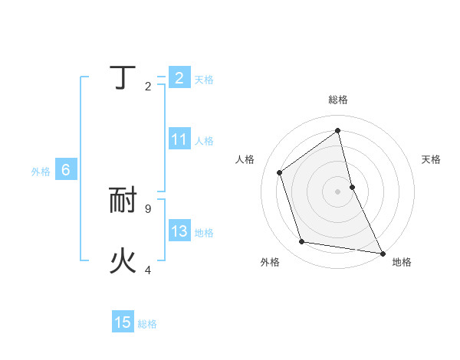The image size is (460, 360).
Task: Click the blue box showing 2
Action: pyautogui.click(x=179, y=78)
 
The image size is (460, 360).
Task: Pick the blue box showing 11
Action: pyautogui.click(x=179, y=139)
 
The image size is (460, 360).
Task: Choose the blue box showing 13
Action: pyautogui.click(x=179, y=231)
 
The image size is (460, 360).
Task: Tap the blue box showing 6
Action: pyautogui.click(x=66, y=170)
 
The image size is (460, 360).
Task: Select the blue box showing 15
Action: pyautogui.click(x=123, y=322)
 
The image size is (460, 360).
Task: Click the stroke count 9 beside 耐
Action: pyautogui.click(x=148, y=208)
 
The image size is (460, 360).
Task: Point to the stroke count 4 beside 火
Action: pyautogui.click(x=148, y=270)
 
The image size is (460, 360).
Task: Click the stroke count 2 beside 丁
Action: pyautogui.click(x=148, y=86)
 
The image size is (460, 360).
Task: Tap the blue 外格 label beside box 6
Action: pyautogui.click(x=41, y=172)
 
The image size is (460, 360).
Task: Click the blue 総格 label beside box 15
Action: pyautogui.click(x=147, y=324)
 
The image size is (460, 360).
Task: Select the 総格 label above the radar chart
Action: pyautogui.click(x=337, y=100)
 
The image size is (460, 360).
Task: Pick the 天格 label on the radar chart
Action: pyautogui.click(x=432, y=159)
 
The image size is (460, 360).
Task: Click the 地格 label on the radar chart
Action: pyautogui.click(x=402, y=262)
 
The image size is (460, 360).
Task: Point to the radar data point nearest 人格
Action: pyautogui.click(x=279, y=172)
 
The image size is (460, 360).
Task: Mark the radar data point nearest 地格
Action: pyautogui.click(x=382, y=252)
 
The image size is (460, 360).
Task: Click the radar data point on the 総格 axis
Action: pyautogui.click(x=337, y=129)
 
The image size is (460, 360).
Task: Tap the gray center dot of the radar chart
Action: pyautogui.click(x=337, y=191)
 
